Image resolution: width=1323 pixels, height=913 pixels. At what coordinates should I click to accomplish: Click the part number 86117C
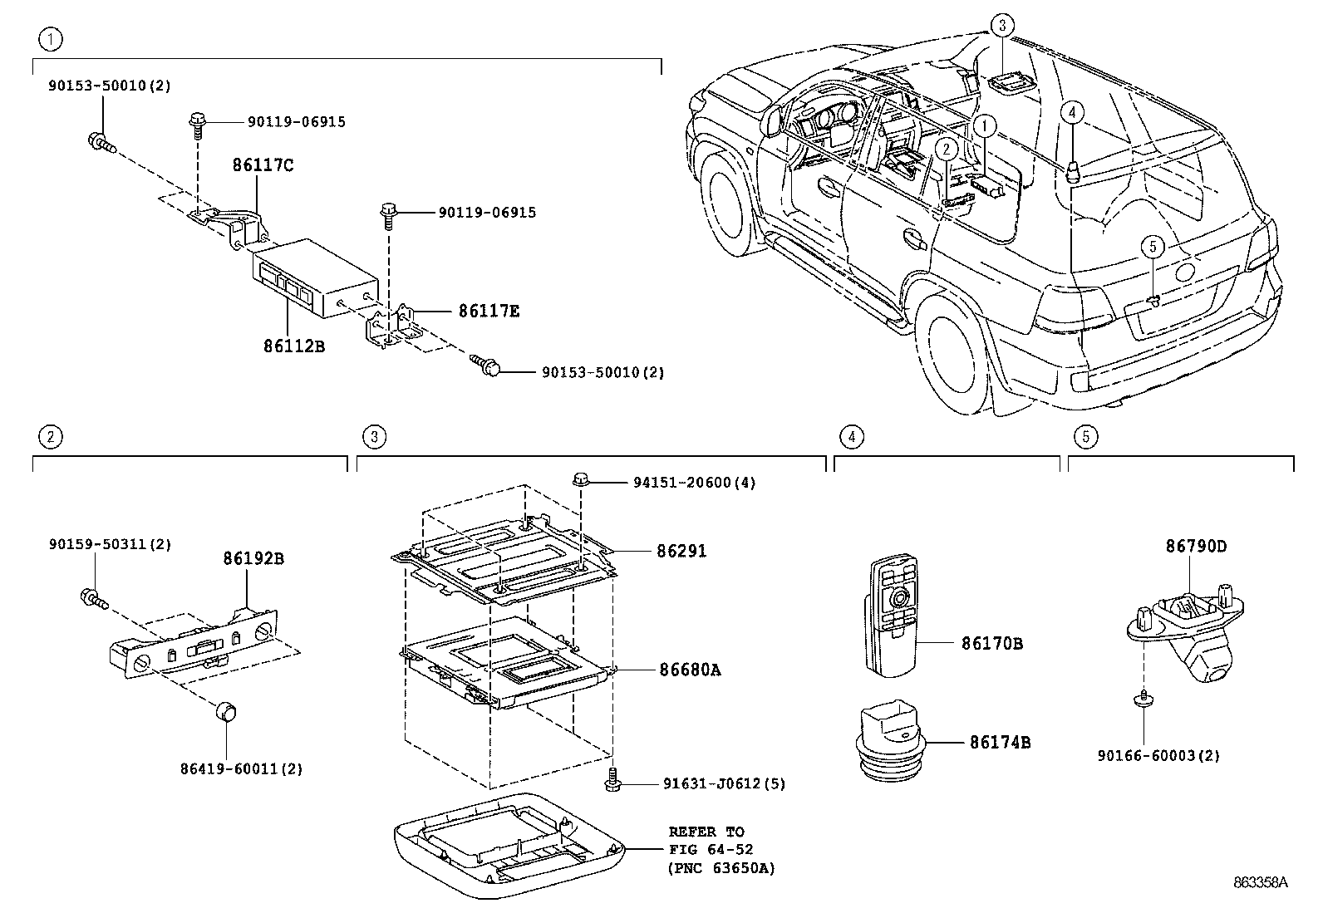[x=262, y=165]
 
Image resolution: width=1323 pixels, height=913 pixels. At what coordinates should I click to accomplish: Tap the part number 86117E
[x=489, y=311]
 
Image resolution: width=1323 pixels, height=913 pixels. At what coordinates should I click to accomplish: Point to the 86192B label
[x=253, y=558]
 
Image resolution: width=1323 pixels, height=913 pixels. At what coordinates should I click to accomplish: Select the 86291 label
[x=681, y=551]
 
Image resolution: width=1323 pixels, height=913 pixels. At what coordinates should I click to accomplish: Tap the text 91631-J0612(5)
[x=724, y=783]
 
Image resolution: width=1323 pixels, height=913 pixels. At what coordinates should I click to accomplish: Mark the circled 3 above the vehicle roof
[x=1002, y=27]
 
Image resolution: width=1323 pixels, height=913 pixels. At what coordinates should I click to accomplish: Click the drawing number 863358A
[x=1260, y=883]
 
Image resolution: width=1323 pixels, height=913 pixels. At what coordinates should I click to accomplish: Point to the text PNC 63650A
[x=721, y=869]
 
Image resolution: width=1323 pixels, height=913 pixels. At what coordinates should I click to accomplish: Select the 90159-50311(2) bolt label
[x=110, y=544]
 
